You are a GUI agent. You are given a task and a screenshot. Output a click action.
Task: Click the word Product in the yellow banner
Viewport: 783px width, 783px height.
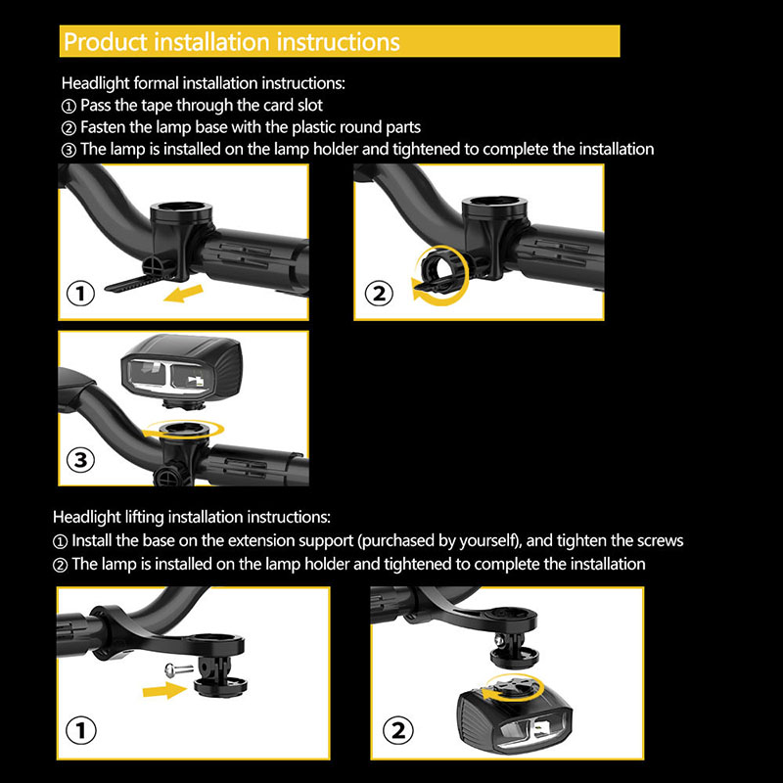point(106,42)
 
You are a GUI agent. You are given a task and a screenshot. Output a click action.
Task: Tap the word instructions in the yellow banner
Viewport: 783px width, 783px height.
point(338,42)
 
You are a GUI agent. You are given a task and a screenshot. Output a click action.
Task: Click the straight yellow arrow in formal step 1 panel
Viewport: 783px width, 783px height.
point(183,293)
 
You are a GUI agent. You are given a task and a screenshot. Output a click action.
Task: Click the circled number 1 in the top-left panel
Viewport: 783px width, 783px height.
point(80,293)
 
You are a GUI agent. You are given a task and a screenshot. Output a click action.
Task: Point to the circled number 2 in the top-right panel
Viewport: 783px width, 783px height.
point(379,293)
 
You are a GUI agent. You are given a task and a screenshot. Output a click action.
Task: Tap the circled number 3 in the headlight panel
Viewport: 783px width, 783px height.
point(80,459)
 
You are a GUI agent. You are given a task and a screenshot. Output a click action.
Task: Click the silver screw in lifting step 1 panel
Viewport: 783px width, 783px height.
point(179,668)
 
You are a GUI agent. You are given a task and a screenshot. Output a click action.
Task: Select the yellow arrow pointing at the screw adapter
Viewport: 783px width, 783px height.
point(163,691)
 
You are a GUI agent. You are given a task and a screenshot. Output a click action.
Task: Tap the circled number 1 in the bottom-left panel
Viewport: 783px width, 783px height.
point(81,730)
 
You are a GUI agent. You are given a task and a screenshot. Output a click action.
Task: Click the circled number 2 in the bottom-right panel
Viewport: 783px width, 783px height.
point(398,730)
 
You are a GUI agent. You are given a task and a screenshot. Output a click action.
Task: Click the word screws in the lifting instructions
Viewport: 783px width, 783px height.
point(658,541)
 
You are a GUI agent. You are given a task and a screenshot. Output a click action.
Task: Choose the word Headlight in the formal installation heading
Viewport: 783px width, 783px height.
point(95,83)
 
